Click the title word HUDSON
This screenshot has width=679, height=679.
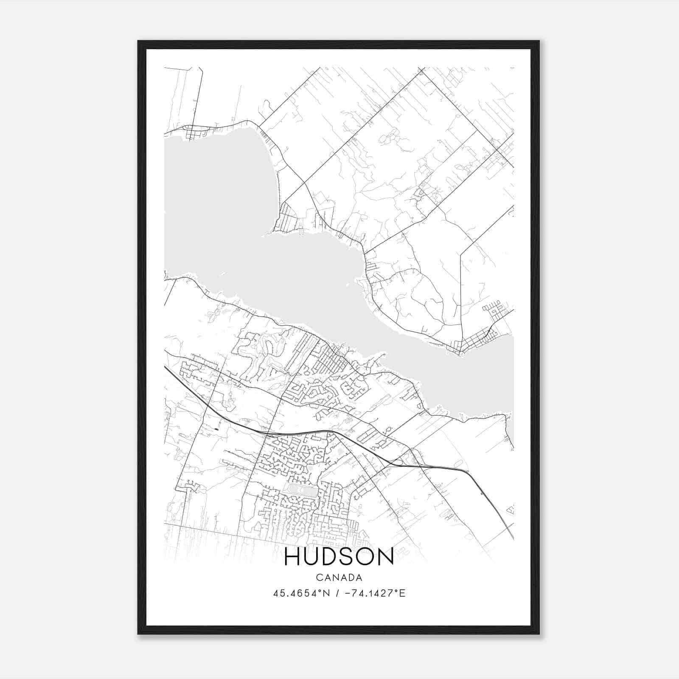[339, 557]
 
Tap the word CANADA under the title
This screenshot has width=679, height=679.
[339, 578]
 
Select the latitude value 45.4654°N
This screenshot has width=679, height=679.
[301, 593]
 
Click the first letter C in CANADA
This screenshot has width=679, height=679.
[319, 578]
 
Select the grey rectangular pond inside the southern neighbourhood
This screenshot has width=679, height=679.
[300, 492]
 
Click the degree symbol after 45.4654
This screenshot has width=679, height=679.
[322, 591]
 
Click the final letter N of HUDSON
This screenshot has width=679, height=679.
[386, 557]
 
